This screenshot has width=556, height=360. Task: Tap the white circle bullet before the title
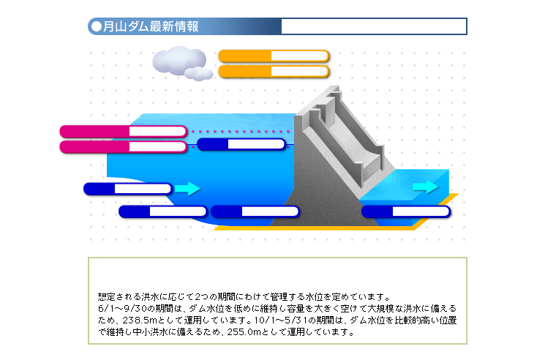96,27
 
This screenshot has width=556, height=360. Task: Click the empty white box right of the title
373,26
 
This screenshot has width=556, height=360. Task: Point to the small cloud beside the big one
199,73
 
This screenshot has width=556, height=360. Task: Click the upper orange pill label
274,56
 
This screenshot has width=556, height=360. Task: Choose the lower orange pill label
274,72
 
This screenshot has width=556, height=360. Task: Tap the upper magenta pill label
123,132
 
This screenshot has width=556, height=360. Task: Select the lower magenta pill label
123,147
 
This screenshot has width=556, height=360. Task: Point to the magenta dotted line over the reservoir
241,132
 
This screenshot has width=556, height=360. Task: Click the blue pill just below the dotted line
241,144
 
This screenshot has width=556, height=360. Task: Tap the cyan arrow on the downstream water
425,187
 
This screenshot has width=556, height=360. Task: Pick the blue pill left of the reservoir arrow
128,189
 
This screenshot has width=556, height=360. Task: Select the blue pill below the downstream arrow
406,211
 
